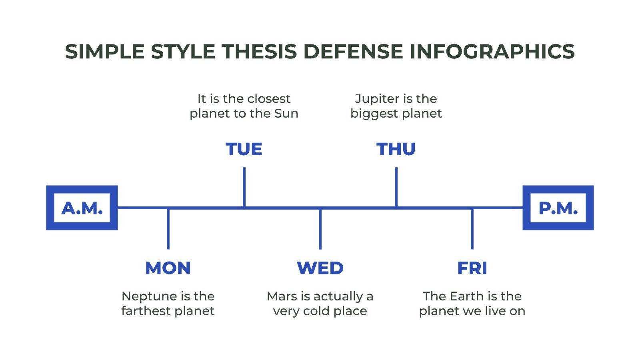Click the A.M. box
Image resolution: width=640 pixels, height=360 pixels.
point(82,208)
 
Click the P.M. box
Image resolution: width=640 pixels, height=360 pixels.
point(558,208)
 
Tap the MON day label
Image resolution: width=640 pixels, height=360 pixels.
point(168,268)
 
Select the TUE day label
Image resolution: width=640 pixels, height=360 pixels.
point(244,149)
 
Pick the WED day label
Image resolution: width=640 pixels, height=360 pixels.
point(320,268)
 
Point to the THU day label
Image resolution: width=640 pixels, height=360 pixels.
point(396,149)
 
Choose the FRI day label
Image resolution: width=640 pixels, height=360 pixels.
point(472,268)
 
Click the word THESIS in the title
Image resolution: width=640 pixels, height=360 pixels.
point(259,52)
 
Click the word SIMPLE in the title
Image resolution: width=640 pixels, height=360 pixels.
point(104,52)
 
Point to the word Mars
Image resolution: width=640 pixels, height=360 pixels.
point(282,296)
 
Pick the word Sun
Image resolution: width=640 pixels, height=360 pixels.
point(286,114)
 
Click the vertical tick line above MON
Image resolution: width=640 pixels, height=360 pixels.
point(168,229)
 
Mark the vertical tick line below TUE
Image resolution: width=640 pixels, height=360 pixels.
point(244,187)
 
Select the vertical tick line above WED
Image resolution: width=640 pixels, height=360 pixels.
point(320,229)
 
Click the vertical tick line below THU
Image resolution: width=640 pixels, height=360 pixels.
point(396,187)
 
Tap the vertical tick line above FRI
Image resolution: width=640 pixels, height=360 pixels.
point(472,229)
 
